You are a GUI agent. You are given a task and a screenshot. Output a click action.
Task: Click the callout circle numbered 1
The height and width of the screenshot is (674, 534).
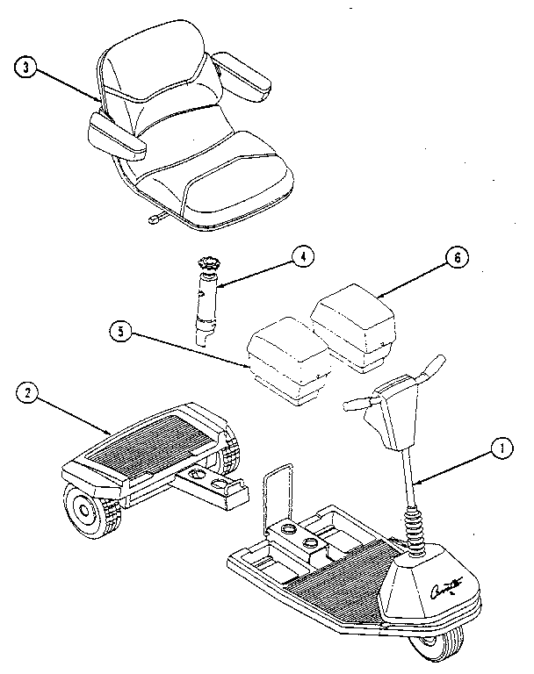coord(502,448)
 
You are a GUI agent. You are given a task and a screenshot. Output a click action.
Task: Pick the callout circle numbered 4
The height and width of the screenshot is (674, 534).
coord(301,256)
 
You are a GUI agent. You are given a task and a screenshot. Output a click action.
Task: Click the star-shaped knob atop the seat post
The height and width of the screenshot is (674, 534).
coord(211,261)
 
